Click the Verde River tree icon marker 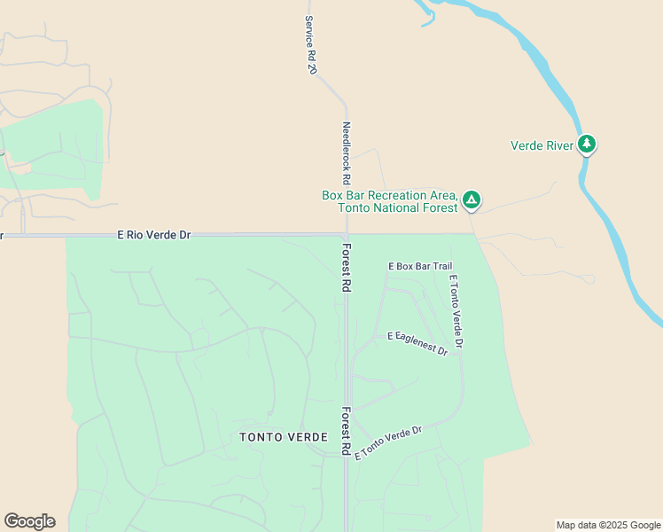point(586,144)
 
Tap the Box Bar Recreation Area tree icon point(472,200)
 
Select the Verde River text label point(542,145)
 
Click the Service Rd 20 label point(310,44)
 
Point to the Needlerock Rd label point(347,153)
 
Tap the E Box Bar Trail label point(420,266)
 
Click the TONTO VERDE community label point(284,437)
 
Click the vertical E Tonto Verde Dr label point(456,310)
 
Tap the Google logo point(29,521)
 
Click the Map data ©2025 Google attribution point(608,525)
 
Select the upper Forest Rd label point(347,268)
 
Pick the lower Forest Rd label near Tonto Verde point(347,432)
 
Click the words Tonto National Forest point(397,207)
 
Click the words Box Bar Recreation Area point(389,195)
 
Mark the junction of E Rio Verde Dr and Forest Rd point(346,236)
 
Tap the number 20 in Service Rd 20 point(312,67)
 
